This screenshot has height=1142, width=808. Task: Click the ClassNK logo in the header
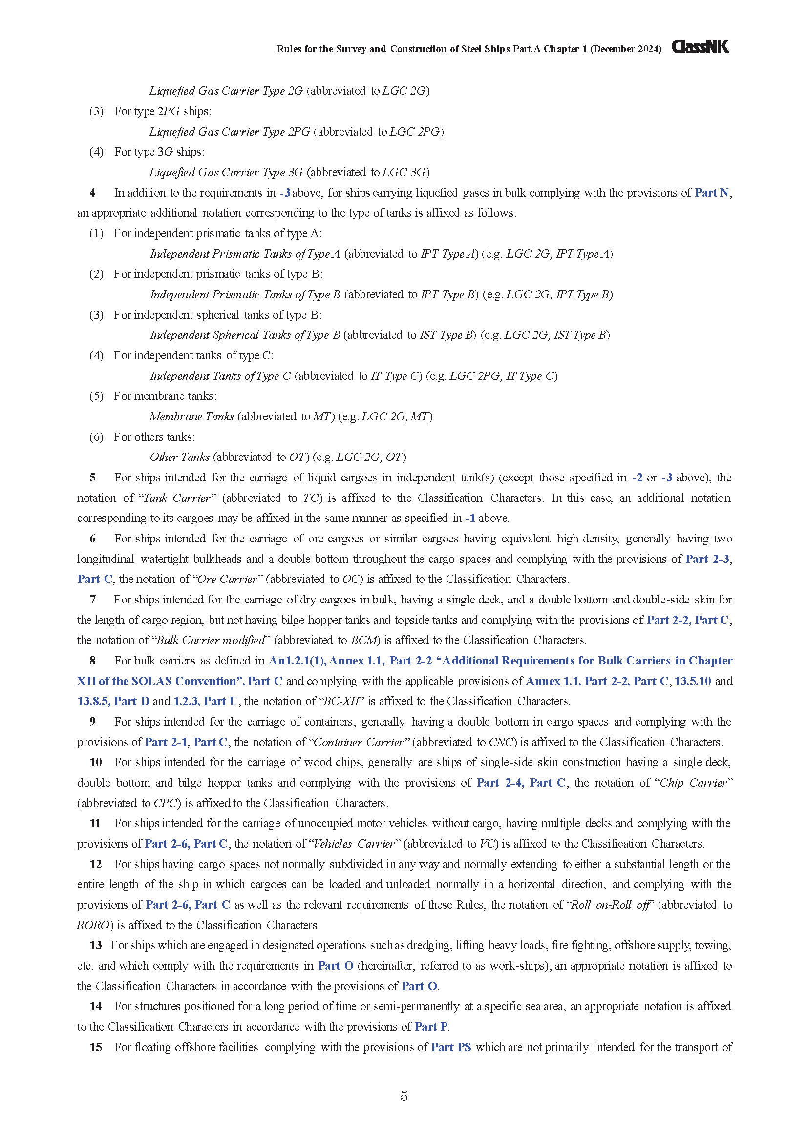pyautogui.click(x=700, y=47)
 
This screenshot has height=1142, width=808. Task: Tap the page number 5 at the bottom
pyautogui.click(x=404, y=1096)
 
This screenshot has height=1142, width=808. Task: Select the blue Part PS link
pyautogui.click(x=451, y=1047)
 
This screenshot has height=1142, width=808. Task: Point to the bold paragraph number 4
pyautogui.click(x=92, y=193)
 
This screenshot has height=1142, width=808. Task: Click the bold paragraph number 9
pyautogui.click(x=92, y=722)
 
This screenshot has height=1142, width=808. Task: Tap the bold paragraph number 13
pyautogui.click(x=96, y=945)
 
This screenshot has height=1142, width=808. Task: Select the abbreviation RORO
pyautogui.click(x=92, y=925)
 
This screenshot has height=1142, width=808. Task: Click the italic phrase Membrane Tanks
pyautogui.click(x=191, y=417)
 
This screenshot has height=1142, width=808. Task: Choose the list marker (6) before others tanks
pyautogui.click(x=96, y=437)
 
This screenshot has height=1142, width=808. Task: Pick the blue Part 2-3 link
pyautogui.click(x=707, y=559)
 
